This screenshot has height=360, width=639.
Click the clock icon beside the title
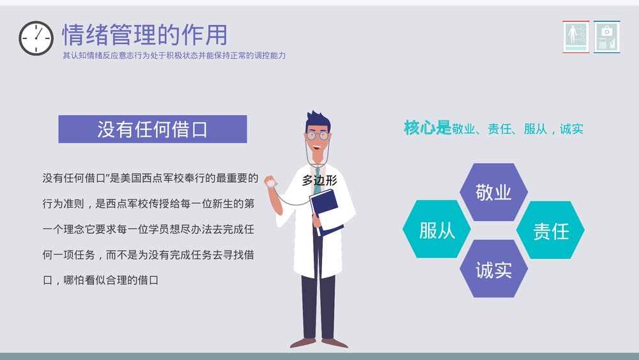click(36, 38)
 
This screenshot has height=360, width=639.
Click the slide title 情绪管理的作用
click(144, 35)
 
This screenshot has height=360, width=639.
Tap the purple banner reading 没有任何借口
click(152, 129)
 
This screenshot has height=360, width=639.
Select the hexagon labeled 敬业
click(493, 192)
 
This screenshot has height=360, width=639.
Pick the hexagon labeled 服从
click(437, 230)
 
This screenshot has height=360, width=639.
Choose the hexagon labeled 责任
click(550, 230)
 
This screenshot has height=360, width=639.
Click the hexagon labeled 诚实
click(493, 269)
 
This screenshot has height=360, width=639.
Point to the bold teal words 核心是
click(427, 128)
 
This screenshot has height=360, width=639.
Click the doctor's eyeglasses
click(317, 136)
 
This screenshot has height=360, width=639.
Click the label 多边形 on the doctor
click(319, 181)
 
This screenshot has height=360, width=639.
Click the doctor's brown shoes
click(319, 343)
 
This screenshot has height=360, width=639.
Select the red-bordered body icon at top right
click(576, 36)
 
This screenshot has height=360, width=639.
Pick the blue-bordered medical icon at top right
click(607, 36)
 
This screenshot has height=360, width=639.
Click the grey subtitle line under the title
click(174, 56)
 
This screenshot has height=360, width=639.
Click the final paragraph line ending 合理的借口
click(100, 280)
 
